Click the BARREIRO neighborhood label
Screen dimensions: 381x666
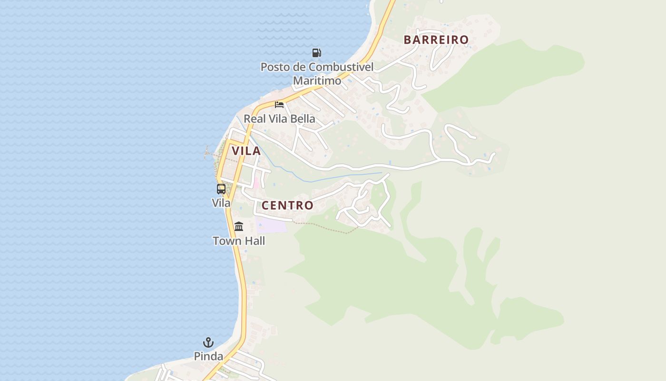click(436, 40)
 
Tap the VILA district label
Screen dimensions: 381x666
click(246, 151)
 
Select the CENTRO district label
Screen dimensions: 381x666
click(287, 205)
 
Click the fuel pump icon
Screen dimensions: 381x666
click(316, 52)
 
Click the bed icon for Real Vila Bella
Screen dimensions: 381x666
click(279, 104)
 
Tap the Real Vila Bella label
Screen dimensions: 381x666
click(279, 119)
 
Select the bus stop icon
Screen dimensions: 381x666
click(221, 189)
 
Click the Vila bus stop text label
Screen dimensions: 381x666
click(221, 203)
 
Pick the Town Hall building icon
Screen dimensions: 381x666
click(239, 226)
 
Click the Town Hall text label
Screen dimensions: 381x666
click(239, 241)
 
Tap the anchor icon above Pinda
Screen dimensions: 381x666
click(208, 342)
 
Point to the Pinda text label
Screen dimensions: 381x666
click(208, 356)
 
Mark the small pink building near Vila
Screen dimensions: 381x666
click(256, 182)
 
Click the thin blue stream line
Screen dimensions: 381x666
click(333, 178)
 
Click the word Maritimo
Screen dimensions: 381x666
click(317, 80)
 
